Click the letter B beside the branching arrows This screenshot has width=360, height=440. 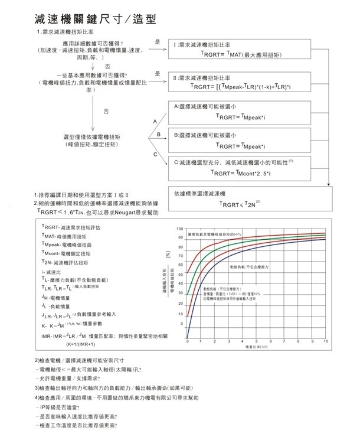(158, 135)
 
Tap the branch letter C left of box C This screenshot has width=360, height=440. (155, 154)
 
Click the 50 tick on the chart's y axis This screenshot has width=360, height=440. (179, 275)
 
